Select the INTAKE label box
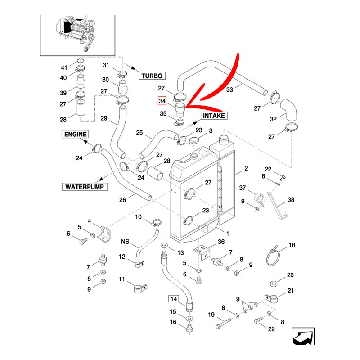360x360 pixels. (214, 115)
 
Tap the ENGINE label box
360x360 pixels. (75, 134)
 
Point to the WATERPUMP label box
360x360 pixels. (85, 186)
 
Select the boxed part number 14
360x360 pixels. (174, 298)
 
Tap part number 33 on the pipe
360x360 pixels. (229, 90)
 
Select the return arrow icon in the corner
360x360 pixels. (302, 337)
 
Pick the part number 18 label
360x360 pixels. (292, 245)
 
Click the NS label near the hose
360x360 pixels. (125, 242)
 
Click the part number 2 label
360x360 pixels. (246, 168)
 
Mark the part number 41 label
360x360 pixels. (64, 68)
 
